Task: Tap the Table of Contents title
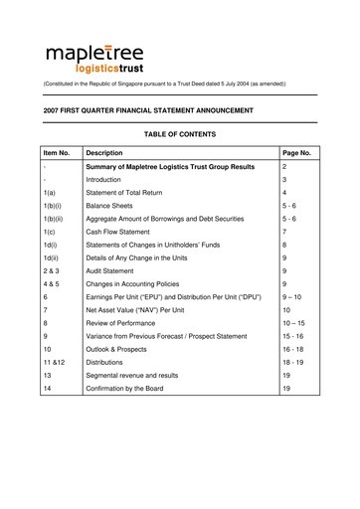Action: (179, 133)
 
